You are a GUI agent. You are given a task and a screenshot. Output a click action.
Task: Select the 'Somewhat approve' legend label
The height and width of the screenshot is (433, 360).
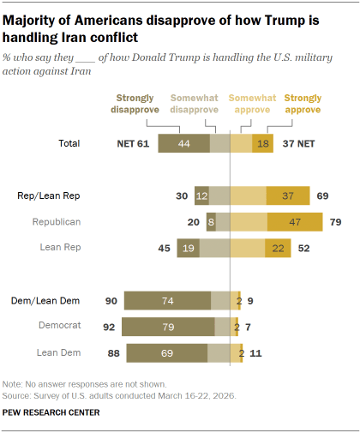click(x=253, y=105)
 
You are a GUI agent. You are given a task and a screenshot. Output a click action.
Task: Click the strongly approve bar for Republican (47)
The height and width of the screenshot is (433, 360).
click(x=295, y=222)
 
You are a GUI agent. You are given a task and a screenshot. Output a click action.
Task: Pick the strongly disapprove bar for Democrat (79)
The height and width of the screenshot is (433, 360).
click(x=168, y=327)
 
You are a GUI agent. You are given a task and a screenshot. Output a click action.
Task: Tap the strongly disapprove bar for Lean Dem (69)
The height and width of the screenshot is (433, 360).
click(x=167, y=352)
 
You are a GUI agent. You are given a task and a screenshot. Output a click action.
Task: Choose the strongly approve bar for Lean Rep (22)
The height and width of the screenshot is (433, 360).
click(x=278, y=249)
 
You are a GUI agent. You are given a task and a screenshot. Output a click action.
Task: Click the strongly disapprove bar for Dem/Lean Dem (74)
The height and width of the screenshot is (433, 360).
click(x=167, y=300)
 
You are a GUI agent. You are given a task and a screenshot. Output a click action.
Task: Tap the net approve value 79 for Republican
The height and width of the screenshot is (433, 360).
click(x=336, y=222)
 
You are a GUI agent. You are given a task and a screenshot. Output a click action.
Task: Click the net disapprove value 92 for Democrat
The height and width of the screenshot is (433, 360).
click(x=108, y=327)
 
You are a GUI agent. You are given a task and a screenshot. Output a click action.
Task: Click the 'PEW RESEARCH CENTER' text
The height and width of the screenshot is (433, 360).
click(x=51, y=412)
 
